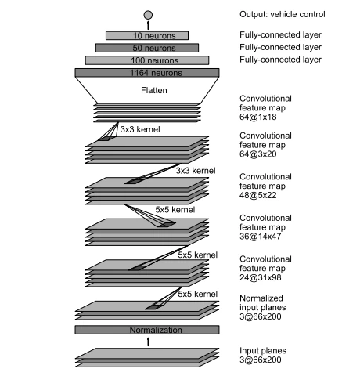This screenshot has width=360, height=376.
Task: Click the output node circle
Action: (147, 14)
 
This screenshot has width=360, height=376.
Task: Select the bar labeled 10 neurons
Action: (147, 35)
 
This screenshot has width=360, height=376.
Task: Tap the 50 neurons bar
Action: (147, 48)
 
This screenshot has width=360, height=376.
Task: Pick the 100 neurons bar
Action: (147, 60)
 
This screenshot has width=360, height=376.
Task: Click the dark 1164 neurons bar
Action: (147, 73)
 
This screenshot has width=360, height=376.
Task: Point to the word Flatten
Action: (147, 89)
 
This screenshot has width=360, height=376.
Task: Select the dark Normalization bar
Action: (147, 330)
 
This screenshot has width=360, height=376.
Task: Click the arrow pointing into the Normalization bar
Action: (147, 342)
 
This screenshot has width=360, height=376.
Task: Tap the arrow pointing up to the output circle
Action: (147, 25)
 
